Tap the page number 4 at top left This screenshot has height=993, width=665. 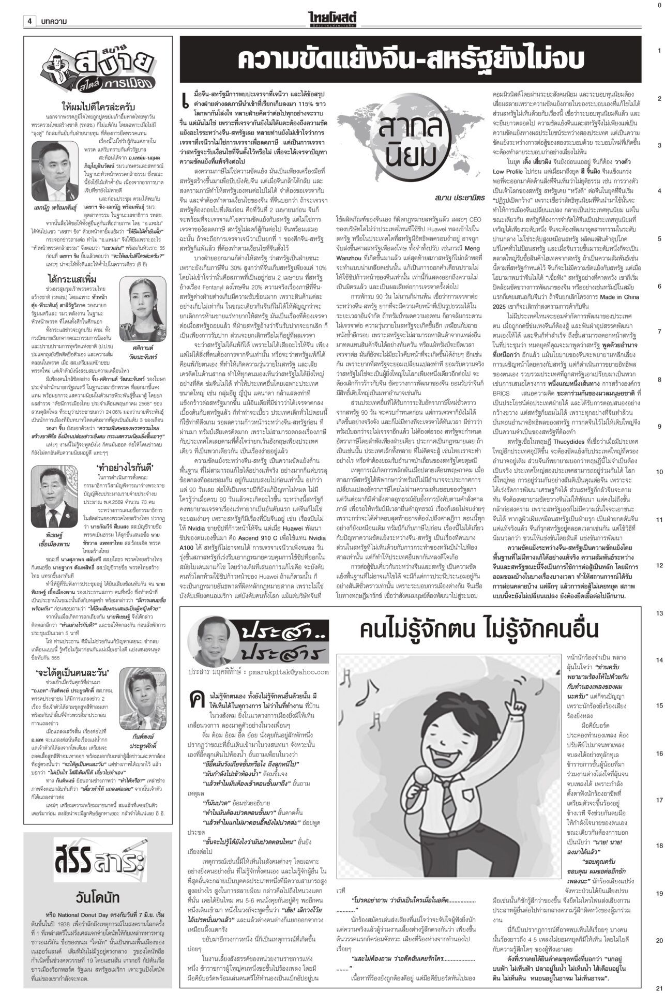tap(30, 21)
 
